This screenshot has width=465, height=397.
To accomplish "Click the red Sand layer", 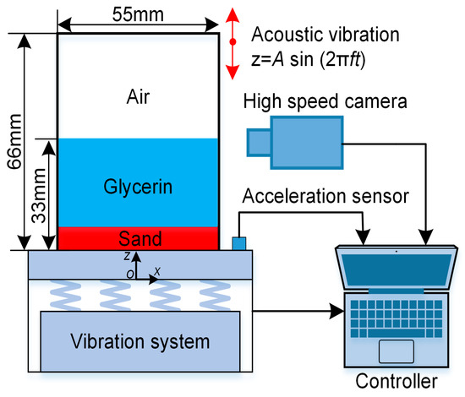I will pyautogui.click(x=136, y=239).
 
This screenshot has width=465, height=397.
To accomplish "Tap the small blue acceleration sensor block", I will pyautogui.click(x=238, y=243).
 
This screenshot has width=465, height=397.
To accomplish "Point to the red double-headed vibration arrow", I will pyautogui.click(x=232, y=41).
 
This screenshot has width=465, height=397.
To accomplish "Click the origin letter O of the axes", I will pyautogui.click(x=127, y=274).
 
